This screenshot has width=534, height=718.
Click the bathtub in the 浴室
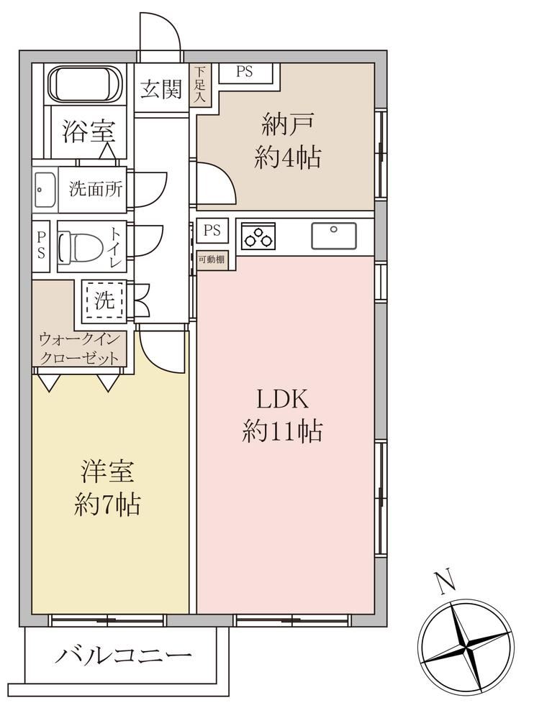tap(85, 85)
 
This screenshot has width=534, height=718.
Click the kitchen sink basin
tap(334, 236)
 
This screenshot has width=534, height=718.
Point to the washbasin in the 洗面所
tap(45, 190)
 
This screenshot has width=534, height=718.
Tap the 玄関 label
tap(161, 89)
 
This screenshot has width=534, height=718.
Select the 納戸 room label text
tap(288, 124)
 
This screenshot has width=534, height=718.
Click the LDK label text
tap(283, 399)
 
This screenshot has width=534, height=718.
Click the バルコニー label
tap(123, 655)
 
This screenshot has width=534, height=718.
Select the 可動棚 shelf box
tap(212, 260)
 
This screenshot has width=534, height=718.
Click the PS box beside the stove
tap(212, 230)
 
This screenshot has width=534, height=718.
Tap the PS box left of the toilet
tap(41, 245)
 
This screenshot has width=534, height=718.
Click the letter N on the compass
tap(444, 581)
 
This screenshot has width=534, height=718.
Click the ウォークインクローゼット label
tap(79, 349)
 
